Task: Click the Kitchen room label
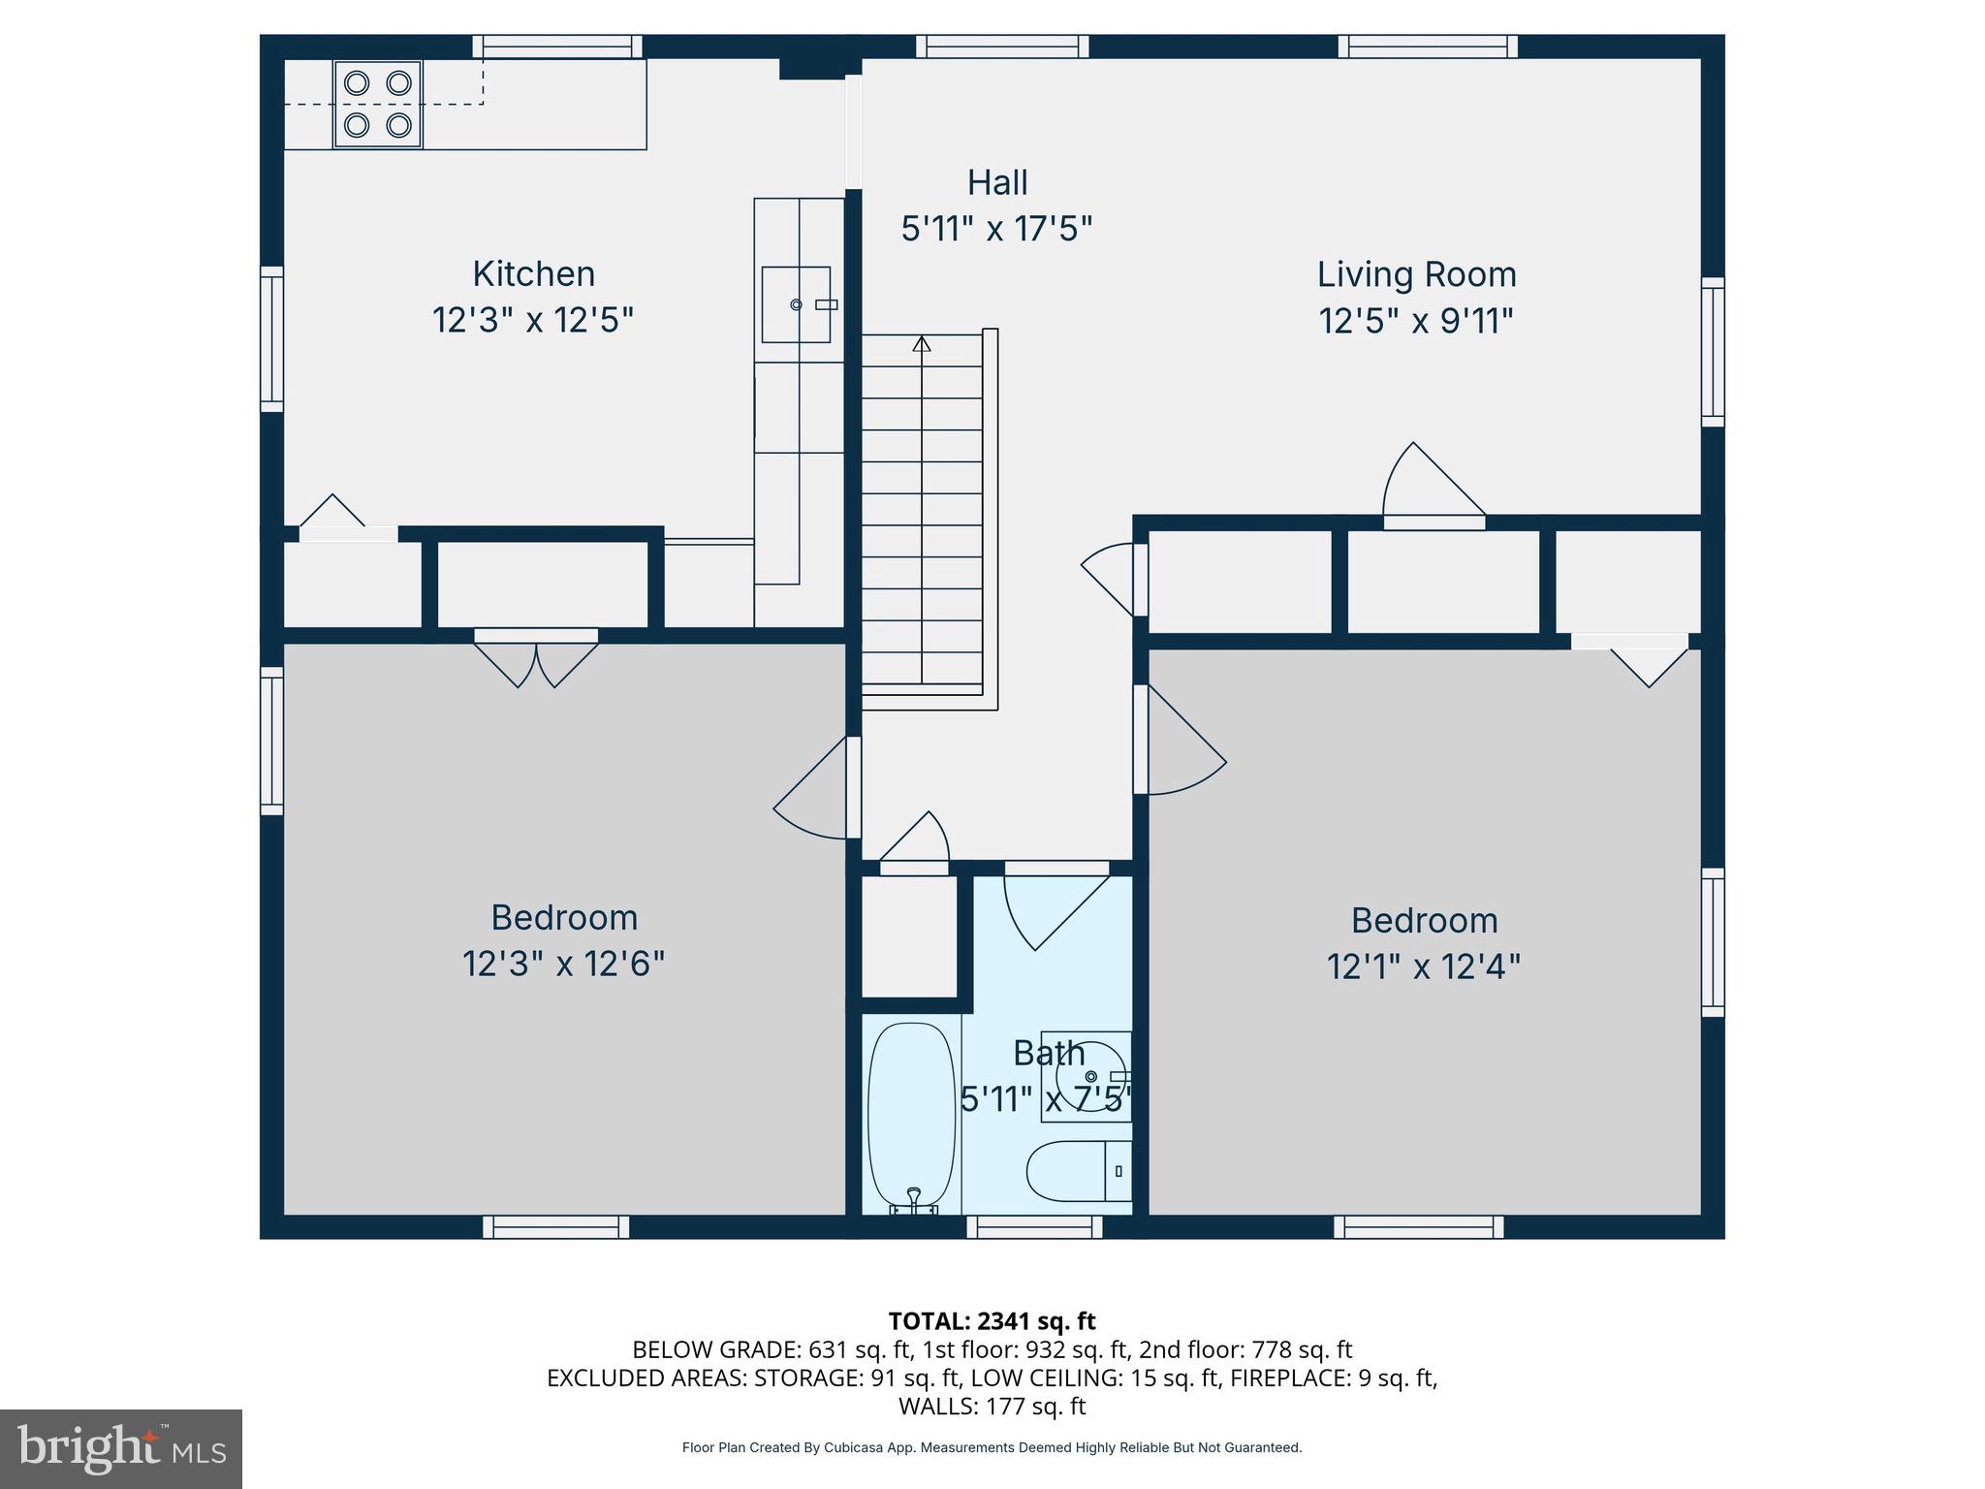(x=533, y=273)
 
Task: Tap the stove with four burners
(x=378, y=104)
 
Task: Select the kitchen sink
(x=796, y=304)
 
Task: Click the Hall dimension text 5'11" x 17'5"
(x=996, y=230)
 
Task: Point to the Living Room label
(x=1416, y=274)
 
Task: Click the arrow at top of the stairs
(x=922, y=344)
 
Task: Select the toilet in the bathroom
(x=1076, y=1171)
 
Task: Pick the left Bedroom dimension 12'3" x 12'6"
(x=563, y=965)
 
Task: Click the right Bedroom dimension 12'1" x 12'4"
(x=1423, y=966)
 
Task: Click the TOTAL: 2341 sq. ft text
(x=992, y=1321)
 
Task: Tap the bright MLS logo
(x=121, y=1449)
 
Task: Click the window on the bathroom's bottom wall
(x=1034, y=1227)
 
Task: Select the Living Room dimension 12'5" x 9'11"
(x=1416, y=321)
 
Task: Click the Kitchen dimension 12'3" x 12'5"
(x=533, y=320)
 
